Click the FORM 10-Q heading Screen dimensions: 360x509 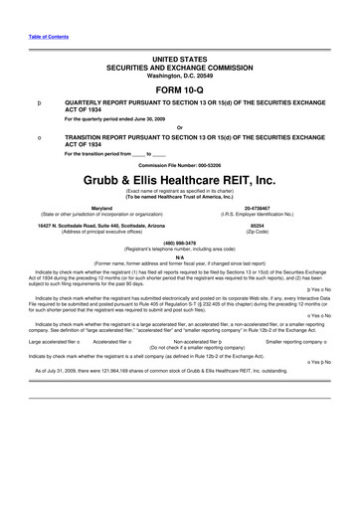179,87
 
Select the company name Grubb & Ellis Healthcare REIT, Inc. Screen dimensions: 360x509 179,181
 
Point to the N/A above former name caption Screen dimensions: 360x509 179,256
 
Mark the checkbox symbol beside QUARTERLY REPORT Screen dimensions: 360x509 39,101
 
